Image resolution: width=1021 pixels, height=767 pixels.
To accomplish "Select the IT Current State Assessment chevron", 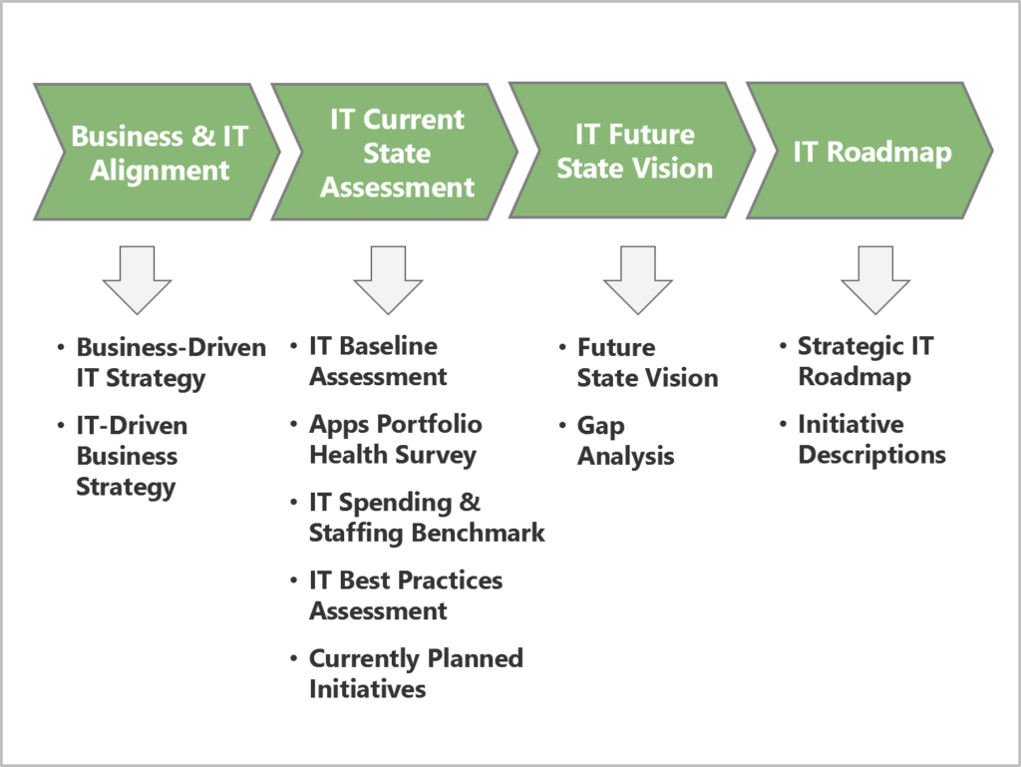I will tap(396, 152).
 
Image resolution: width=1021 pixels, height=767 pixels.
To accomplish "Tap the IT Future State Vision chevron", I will tap(634, 152).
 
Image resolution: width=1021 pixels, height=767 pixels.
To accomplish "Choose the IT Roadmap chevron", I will tap(871, 152).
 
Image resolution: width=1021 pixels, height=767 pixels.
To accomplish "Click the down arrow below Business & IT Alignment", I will tap(137, 280).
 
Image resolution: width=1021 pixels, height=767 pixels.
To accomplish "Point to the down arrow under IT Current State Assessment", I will tap(388, 280).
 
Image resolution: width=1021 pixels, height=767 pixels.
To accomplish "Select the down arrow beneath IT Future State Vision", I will tap(637, 280).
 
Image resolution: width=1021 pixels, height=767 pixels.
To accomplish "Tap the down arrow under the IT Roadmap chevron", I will tap(875, 280).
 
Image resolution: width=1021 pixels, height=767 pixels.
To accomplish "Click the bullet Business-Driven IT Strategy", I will tap(170, 363).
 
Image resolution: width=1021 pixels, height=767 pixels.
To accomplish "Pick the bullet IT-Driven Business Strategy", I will tap(131, 456).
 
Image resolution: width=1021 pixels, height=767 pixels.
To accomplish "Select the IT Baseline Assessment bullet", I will tap(377, 361).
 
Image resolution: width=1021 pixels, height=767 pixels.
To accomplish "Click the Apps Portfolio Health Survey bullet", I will tap(395, 440).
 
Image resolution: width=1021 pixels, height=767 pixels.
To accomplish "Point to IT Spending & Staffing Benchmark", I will tap(426, 518).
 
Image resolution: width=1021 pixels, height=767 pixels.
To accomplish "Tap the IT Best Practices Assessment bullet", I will tap(405, 595).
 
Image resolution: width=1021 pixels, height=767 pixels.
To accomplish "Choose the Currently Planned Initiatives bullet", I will tap(415, 673).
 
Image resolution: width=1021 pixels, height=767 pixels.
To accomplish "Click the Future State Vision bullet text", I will tap(646, 363).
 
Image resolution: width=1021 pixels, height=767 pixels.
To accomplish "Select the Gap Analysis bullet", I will tap(625, 441).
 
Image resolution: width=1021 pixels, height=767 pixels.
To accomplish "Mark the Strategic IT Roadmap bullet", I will tap(864, 361).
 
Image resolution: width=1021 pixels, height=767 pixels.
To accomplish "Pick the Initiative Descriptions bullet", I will tap(870, 440).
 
